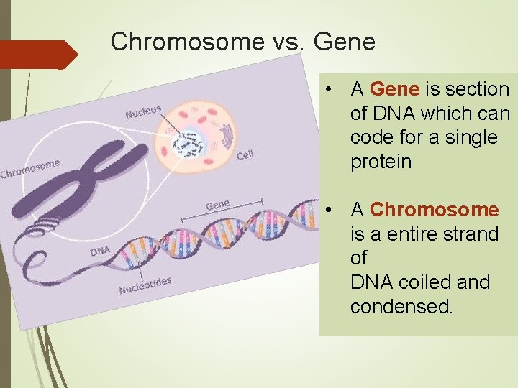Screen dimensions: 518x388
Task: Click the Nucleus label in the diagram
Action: coord(143,111)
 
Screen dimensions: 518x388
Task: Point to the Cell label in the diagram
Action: coord(245,155)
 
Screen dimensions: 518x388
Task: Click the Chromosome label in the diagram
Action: coord(29,167)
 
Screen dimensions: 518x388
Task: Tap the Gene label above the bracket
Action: coord(217,205)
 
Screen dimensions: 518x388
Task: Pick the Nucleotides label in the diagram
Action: coord(145,285)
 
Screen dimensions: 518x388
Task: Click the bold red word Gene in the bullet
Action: coord(394,89)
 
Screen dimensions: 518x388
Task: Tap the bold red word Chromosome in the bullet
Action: coord(434,210)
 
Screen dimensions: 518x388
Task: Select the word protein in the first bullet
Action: coord(381,162)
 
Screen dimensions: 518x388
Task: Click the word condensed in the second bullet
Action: coord(401,307)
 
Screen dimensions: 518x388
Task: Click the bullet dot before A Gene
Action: coord(327,90)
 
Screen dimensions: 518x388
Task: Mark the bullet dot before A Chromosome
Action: coord(327,211)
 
